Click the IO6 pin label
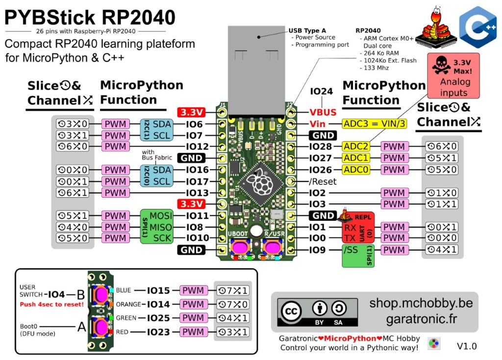click(x=194, y=124)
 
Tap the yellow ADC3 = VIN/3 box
click(x=375, y=124)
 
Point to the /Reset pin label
click(x=324, y=181)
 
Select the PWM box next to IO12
click(x=116, y=147)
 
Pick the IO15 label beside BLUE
click(x=158, y=290)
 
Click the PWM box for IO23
click(x=193, y=332)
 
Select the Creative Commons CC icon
click(x=293, y=311)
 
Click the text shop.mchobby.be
click(x=421, y=303)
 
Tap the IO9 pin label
click(x=318, y=250)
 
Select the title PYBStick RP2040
click(x=90, y=18)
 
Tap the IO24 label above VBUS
click(x=322, y=91)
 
